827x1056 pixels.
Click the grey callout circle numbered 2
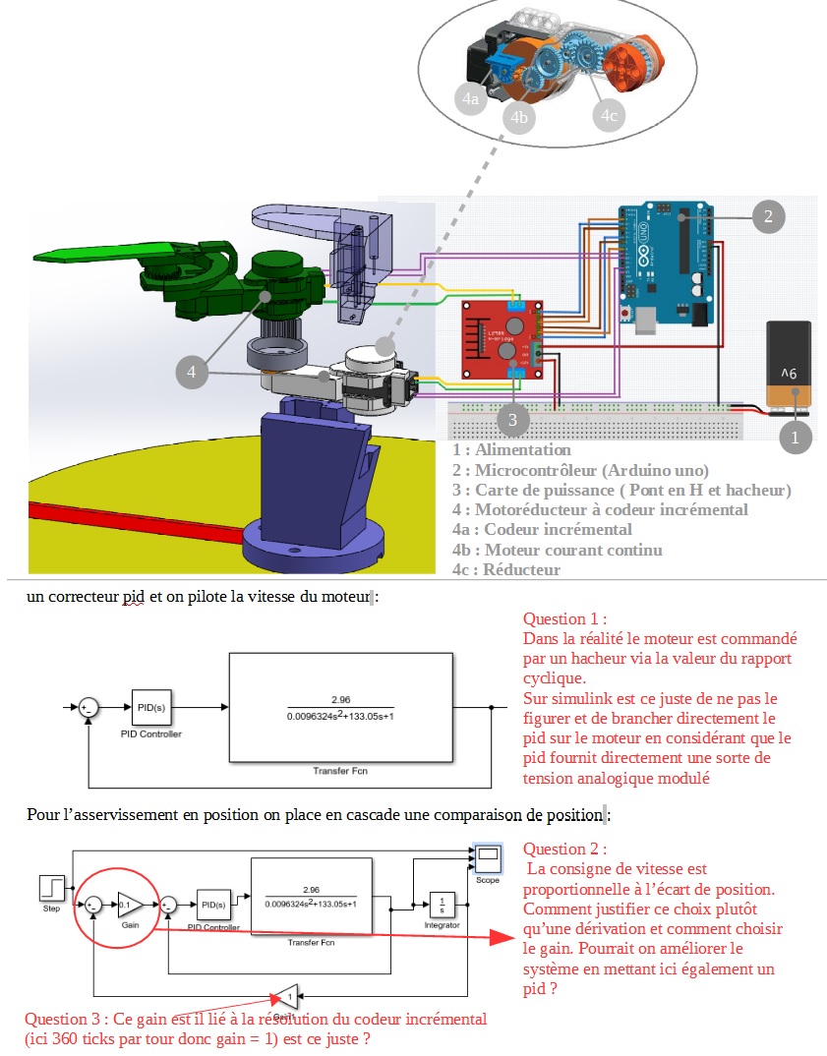coord(768,216)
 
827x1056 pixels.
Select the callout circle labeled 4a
coord(471,98)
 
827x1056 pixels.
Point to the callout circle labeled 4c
coord(609,115)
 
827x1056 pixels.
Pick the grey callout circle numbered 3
coord(512,420)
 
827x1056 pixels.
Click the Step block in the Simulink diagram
coord(51,888)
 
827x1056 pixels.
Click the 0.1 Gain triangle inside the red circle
coord(130,904)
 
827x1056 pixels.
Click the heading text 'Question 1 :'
coord(564,619)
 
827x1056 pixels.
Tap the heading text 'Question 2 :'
coord(564,849)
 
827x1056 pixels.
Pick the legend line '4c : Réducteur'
coord(505,569)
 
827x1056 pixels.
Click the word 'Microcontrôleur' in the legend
coord(534,470)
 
